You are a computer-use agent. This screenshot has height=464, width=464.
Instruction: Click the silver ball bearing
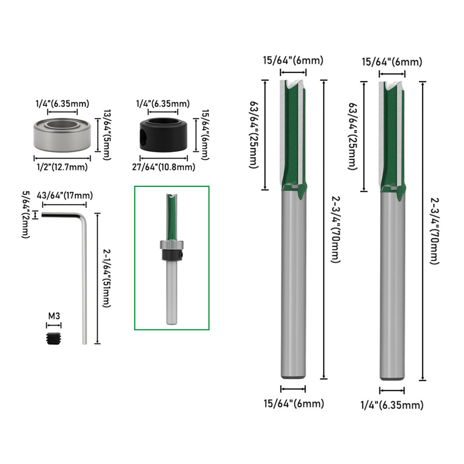62,135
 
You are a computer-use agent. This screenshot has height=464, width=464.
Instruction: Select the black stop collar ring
164,135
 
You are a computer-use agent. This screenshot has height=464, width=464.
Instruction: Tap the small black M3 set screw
53,338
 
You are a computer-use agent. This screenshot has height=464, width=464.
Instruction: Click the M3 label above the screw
54,316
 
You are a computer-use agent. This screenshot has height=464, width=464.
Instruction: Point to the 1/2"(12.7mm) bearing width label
62,167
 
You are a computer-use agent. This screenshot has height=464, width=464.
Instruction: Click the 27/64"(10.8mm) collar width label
164,167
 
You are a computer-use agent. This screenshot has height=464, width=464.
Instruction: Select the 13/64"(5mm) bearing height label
107,135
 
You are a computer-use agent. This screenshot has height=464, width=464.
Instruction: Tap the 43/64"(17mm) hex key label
65,195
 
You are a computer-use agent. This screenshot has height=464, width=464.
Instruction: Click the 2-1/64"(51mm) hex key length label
106,278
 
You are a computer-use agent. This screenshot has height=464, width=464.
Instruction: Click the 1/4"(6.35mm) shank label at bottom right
392,405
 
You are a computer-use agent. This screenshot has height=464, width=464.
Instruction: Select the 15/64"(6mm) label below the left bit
294,404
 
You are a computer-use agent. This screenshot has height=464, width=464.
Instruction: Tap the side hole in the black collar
143,135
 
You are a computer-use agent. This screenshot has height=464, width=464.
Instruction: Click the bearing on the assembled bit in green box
172,245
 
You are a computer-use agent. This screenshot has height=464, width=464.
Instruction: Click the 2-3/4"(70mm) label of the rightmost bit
434,231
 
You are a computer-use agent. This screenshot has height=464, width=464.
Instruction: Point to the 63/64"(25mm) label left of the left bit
254,135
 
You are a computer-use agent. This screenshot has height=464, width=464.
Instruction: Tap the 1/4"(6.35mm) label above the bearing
62,104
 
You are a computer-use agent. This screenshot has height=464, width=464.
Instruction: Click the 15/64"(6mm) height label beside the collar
205,135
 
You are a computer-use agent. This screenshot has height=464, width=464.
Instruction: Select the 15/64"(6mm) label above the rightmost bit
392,62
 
